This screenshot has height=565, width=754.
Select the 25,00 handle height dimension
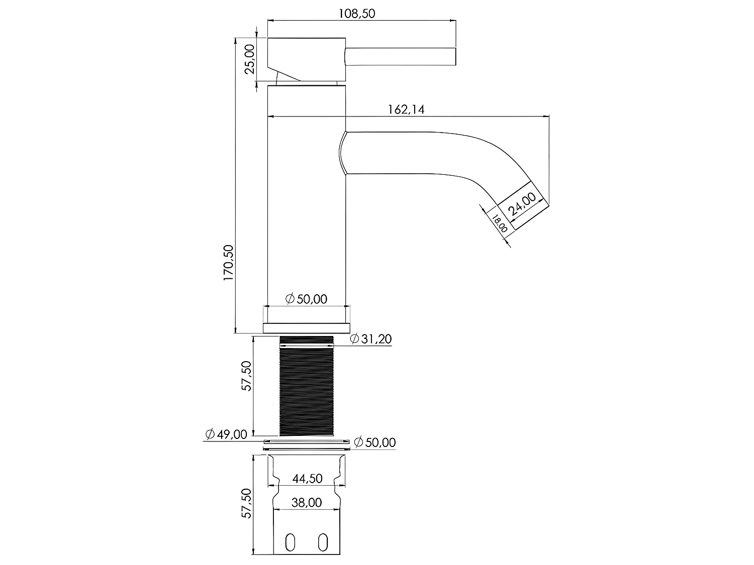[250, 59]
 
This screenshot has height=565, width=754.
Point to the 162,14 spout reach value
[406, 109]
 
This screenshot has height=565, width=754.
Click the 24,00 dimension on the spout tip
[523, 204]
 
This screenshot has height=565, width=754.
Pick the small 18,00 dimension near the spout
[499, 223]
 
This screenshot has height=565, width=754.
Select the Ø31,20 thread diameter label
[370, 339]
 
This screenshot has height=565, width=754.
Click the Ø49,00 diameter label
[226, 434]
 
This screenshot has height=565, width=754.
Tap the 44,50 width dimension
[307, 479]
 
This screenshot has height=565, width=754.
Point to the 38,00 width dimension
[307, 502]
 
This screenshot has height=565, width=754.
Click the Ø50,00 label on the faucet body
[306, 299]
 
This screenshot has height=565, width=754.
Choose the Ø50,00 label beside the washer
[374, 442]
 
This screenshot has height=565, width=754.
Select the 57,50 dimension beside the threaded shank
[246, 376]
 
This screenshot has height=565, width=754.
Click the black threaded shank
[306, 387]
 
